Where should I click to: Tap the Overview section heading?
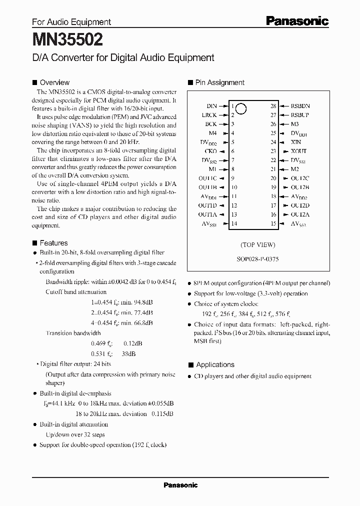tap(54, 82)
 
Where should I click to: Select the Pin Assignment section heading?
tap(219, 82)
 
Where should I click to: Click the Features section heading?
tap(53, 243)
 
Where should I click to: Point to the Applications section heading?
tap(215, 364)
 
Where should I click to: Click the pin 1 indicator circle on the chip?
tap(240, 108)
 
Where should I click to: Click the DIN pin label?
tap(211, 106)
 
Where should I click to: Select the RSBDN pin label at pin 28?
tap(300, 106)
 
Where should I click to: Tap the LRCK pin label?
tap(209, 115)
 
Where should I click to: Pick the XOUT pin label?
tap(298, 151)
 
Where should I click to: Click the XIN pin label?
tap(296, 142)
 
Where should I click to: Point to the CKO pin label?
tap(210, 151)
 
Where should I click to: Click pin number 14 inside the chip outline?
tap(233, 223)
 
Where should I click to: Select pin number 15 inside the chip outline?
tap(273, 223)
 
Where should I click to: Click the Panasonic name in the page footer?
tap(180, 485)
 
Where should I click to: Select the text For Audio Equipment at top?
tap(71, 22)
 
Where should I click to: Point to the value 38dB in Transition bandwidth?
tap(127, 353)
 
